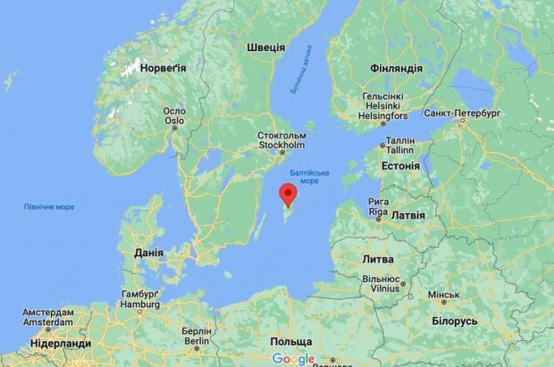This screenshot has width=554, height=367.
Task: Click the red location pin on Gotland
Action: pos(289,193)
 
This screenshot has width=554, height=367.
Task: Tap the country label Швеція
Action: pos(265,47)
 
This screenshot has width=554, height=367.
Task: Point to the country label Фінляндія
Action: pos(395,68)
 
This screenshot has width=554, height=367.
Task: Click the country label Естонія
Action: pos(399,165)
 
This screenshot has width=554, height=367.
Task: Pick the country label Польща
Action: pos(292,342)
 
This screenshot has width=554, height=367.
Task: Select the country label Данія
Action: pos(147,254)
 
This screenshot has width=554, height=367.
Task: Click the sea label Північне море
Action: pos(49,207)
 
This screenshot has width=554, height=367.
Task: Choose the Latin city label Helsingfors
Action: pos(383,116)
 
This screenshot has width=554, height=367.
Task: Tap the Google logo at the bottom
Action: pos(295,359)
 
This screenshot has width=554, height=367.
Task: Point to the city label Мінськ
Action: pos(442,295)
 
